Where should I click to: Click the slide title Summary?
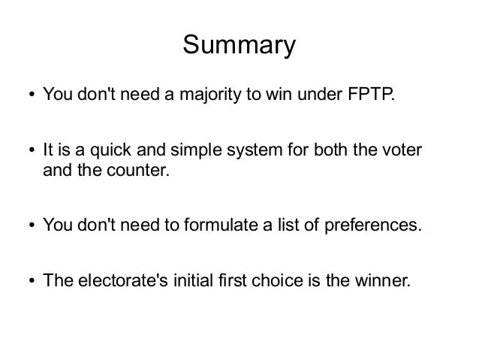tap(239, 46)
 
